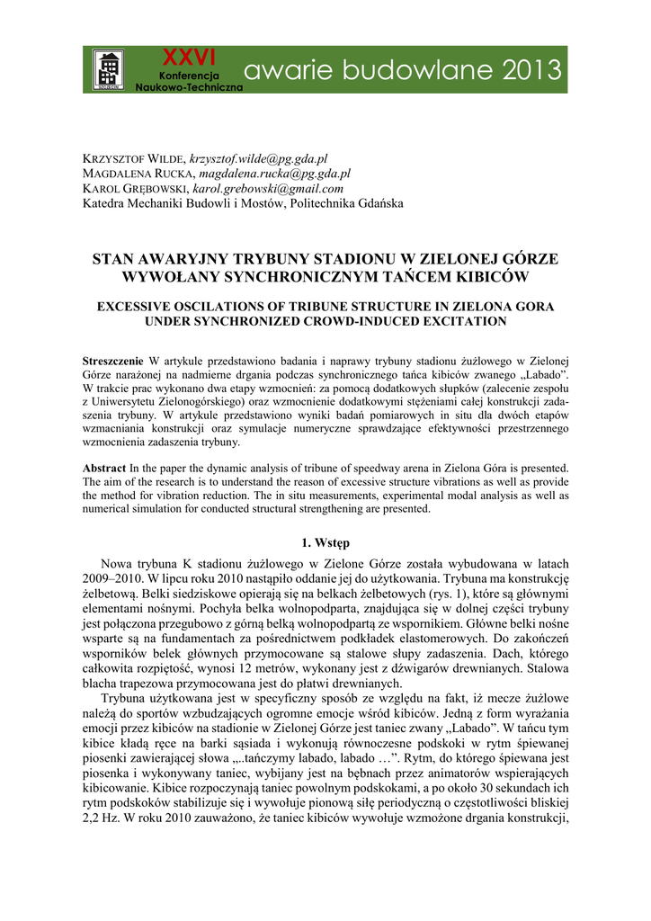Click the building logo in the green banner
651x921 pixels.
point(109,69)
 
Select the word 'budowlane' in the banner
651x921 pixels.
point(402,69)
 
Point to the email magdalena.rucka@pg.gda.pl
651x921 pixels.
point(275,174)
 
